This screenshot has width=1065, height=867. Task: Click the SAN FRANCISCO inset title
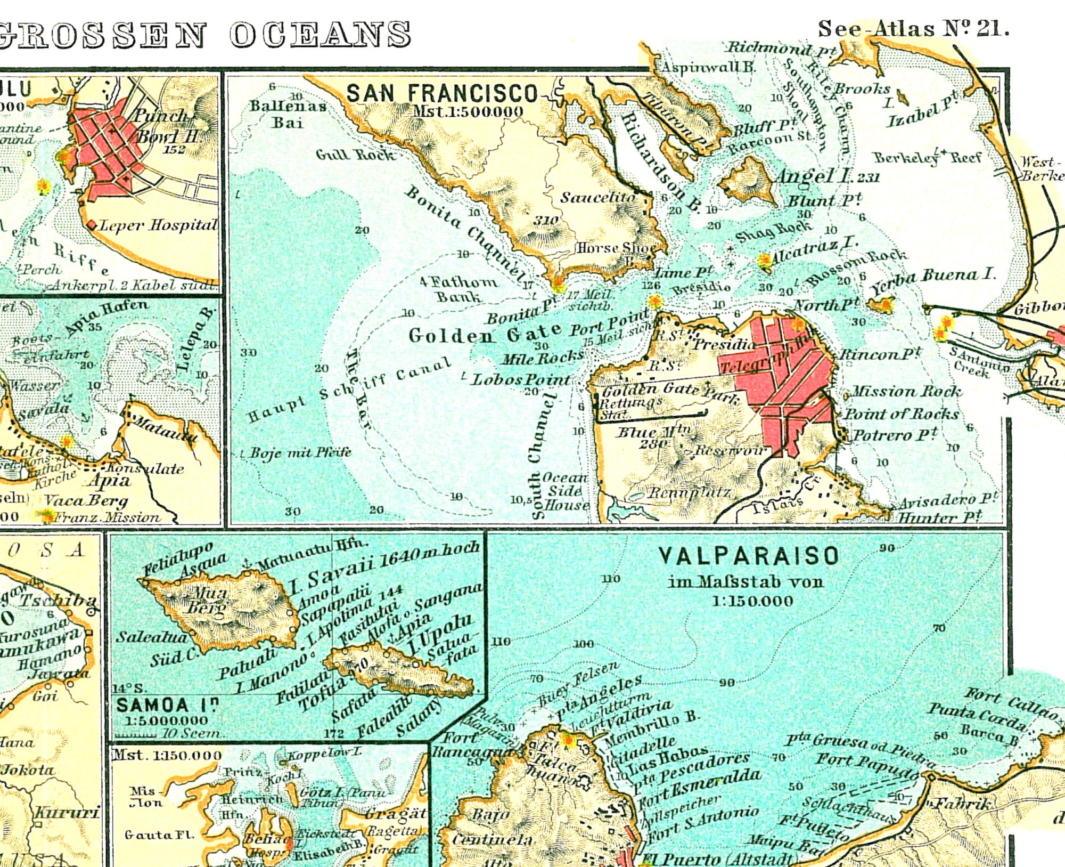(442, 94)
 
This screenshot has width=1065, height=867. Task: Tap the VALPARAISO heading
(749, 556)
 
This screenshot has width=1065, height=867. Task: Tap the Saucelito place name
(597, 198)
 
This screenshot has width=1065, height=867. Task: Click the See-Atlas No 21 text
(913, 29)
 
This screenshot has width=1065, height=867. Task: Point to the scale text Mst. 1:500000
(468, 111)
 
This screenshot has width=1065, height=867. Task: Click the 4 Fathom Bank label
(459, 289)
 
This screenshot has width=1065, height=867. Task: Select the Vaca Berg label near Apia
(86, 500)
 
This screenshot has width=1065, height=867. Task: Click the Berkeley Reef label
(927, 157)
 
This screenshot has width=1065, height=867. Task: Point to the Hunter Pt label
(940, 517)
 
